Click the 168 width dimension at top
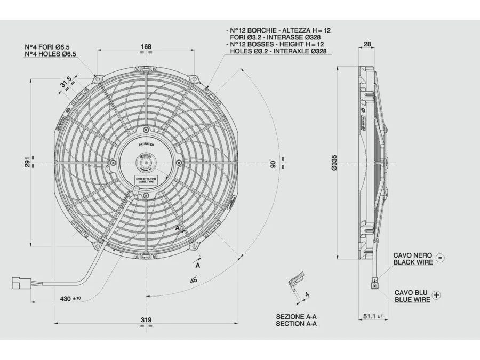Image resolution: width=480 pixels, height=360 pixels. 146,47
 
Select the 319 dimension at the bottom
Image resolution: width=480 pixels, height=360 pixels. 146,319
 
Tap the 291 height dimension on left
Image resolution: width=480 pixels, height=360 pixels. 28,161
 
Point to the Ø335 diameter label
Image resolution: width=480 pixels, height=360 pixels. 334,162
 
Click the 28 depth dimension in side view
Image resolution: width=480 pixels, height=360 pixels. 367,44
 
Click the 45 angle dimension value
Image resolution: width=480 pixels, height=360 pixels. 194,280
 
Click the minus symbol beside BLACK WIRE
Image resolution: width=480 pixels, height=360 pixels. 439,258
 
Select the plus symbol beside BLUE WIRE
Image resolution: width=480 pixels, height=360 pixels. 437,295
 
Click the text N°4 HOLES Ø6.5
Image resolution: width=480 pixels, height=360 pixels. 51,54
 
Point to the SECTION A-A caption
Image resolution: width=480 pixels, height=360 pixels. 297,323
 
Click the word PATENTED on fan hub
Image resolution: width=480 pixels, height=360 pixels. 146,144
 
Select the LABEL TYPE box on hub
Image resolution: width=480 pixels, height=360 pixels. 146,180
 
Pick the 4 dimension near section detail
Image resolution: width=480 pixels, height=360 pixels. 307,294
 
